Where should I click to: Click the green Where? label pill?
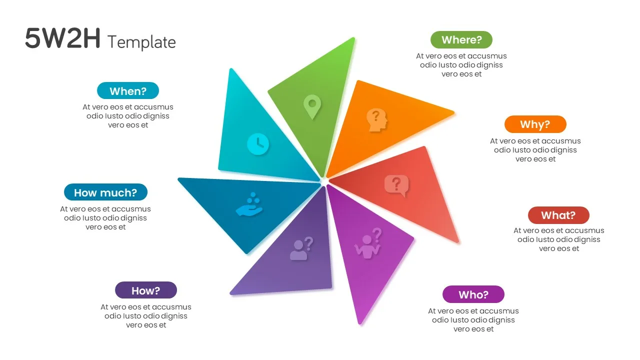[461, 39]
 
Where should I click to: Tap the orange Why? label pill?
[535, 124]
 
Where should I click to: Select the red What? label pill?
[558, 215]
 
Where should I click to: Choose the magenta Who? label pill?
[473, 294]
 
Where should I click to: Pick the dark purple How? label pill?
[145, 290]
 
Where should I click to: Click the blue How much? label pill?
[105, 192]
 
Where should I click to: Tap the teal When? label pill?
[127, 91]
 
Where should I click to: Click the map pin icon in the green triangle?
[312, 107]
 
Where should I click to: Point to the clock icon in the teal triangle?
[257, 144]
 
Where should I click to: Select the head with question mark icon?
[377, 120]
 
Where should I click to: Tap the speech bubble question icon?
[396, 185]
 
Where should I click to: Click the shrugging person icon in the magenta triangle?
[368, 243]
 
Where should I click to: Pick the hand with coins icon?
[249, 204]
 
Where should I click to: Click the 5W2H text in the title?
[62, 38]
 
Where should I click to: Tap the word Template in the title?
[141, 42]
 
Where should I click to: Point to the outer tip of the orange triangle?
[453, 113]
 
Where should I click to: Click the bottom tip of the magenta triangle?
[360, 324]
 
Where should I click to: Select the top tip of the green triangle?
[353, 38]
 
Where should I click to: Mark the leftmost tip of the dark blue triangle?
[179, 179]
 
